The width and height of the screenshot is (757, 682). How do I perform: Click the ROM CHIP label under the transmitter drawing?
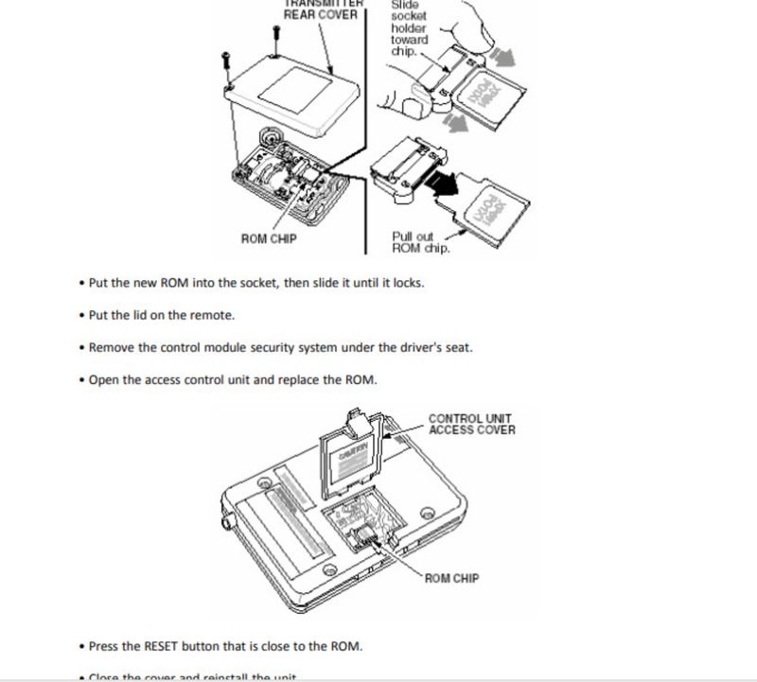pyautogui.click(x=269, y=239)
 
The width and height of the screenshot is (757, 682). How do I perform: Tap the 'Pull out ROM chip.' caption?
pyautogui.click(x=421, y=242)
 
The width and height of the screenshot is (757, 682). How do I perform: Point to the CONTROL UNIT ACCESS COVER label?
pyautogui.click(x=472, y=425)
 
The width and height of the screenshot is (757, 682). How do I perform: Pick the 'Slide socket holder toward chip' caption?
pyautogui.click(x=409, y=28)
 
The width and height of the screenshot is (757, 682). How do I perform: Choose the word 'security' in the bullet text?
pyautogui.click(x=271, y=348)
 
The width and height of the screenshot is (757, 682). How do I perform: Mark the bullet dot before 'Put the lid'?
pyautogui.click(x=82, y=316)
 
